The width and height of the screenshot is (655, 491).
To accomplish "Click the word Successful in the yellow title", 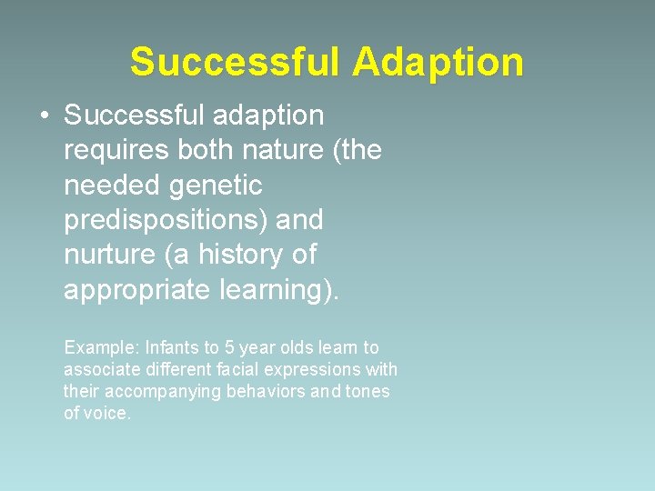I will pos(235,62).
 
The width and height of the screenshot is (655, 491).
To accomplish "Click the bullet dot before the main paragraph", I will pos(44,116).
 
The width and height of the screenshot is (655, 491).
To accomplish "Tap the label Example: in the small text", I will pos(97,347).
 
